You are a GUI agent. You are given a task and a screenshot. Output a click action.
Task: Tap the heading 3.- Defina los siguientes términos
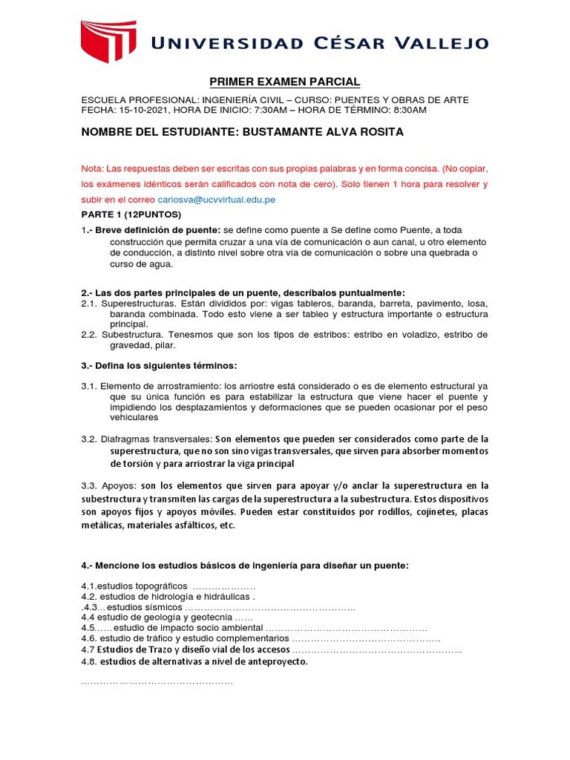pos(160,366)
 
